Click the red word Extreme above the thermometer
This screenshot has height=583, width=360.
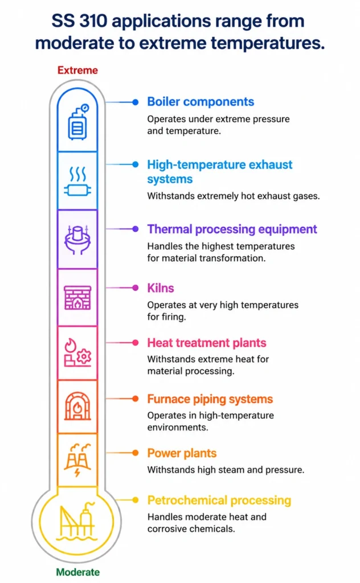(x=77, y=70)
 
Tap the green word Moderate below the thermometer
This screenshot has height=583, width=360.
(x=77, y=572)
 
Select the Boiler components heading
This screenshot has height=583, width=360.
(x=201, y=102)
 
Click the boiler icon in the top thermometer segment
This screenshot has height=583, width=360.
(x=78, y=122)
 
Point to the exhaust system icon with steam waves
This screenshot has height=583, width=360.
(x=77, y=181)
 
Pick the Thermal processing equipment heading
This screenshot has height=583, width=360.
(x=232, y=229)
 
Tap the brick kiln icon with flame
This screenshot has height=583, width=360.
(x=77, y=298)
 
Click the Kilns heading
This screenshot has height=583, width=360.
(x=160, y=288)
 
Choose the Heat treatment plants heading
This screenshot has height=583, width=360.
(x=207, y=343)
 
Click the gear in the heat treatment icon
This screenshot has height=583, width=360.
(x=84, y=356)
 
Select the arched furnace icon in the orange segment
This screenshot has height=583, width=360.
(x=77, y=406)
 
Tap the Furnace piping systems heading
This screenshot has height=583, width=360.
(x=210, y=399)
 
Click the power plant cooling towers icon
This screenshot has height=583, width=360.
(x=77, y=459)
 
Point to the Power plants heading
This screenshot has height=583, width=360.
(x=182, y=453)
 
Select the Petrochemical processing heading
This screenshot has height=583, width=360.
(x=219, y=500)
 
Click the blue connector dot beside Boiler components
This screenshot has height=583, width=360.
(x=136, y=102)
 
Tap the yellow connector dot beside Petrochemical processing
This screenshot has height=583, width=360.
(x=136, y=500)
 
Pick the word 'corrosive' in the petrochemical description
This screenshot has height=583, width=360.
(x=166, y=529)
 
